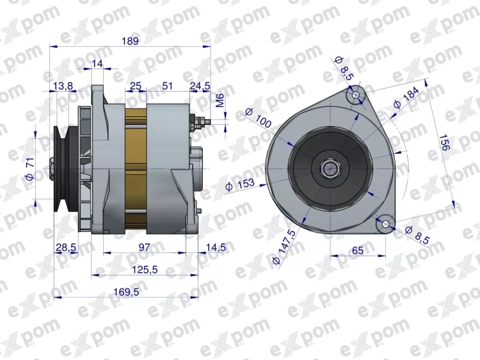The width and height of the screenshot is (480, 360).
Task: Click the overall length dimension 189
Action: coord(130,40)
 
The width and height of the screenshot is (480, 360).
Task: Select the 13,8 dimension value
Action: coord(63,85)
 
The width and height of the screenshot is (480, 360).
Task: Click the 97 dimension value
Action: coord(144,247)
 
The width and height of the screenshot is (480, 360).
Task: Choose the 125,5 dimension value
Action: coord(144,270)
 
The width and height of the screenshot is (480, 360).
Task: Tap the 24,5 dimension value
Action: coord(200,85)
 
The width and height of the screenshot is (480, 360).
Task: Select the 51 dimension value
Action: coord(168,85)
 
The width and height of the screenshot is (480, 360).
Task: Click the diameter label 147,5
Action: coord(285,245)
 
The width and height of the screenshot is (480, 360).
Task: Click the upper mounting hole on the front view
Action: coord(356,95)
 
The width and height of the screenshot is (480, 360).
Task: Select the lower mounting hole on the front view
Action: coord(386,224)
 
